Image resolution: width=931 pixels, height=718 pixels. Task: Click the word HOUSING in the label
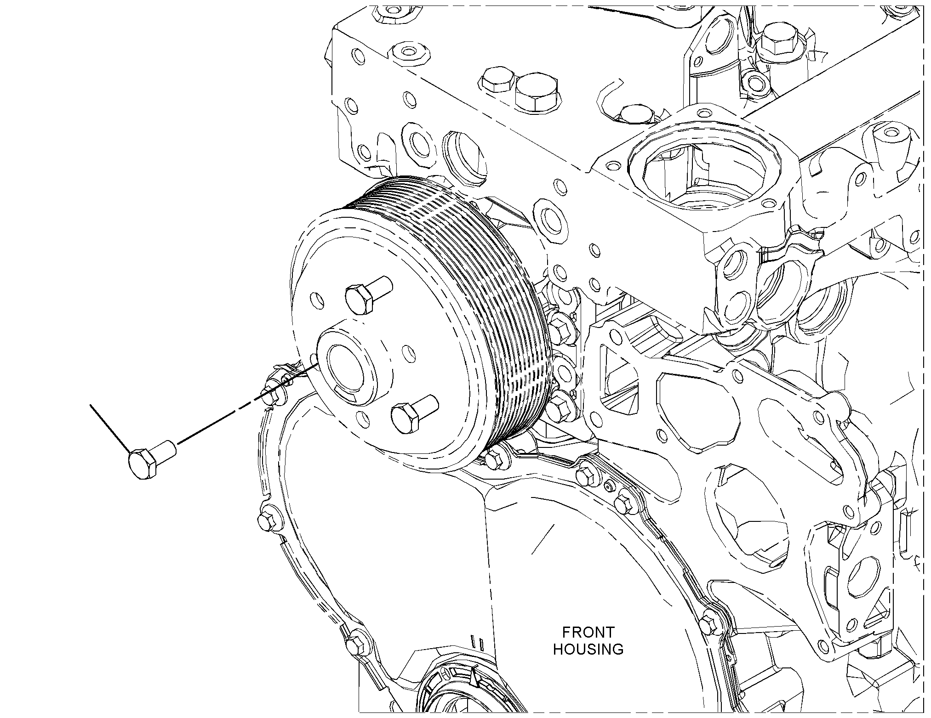(588, 650)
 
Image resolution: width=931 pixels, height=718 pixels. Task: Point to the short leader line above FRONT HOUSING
(543, 538)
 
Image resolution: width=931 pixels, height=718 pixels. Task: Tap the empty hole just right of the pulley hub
(407, 354)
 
